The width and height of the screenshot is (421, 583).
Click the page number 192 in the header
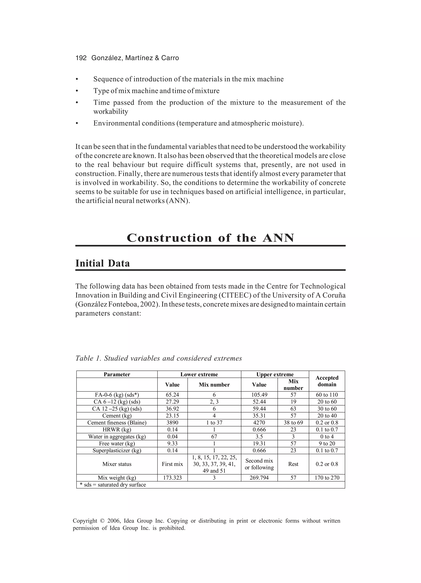(x=81, y=58)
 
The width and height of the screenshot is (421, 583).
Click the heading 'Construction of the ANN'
(x=210, y=238)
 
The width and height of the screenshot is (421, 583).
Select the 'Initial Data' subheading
(x=102, y=263)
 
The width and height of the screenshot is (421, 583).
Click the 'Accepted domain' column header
(x=327, y=381)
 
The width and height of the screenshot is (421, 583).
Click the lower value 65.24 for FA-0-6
(x=172, y=395)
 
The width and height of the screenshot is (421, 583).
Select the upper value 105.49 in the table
(x=259, y=395)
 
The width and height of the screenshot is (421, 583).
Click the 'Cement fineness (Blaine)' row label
(x=117, y=423)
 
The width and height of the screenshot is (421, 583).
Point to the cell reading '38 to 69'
(x=293, y=423)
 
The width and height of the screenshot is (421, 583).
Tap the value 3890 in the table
(x=172, y=423)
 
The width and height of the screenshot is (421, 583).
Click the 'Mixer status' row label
(x=117, y=464)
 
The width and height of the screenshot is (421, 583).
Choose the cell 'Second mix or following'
(x=259, y=464)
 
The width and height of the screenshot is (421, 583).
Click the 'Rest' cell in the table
(x=293, y=464)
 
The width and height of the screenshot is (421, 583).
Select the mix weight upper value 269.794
(x=259, y=478)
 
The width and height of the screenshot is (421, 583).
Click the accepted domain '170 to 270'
(x=327, y=478)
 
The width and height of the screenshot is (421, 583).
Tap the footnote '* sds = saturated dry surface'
(x=113, y=485)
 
